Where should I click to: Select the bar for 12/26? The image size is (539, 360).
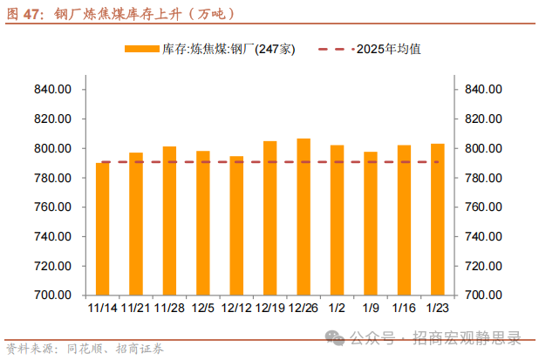(304, 217)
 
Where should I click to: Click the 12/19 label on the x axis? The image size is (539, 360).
(270, 307)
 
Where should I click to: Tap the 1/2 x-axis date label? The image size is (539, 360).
(338, 307)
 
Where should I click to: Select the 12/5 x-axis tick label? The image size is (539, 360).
(203, 307)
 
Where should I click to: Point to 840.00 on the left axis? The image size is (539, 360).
(53, 89)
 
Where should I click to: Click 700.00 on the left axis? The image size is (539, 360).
(53, 295)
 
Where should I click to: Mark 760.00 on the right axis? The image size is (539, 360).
(484, 207)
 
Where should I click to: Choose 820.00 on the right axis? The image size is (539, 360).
(484, 119)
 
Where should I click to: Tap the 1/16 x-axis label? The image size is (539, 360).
(404, 307)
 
